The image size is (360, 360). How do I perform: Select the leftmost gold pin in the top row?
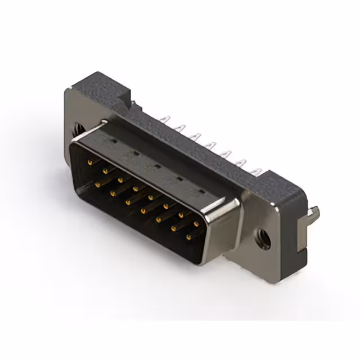91,161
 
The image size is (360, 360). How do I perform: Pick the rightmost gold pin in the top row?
196,225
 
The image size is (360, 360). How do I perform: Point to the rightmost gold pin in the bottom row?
187,238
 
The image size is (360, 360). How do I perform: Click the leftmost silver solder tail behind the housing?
165,119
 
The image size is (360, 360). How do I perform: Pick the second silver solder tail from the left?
180,128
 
